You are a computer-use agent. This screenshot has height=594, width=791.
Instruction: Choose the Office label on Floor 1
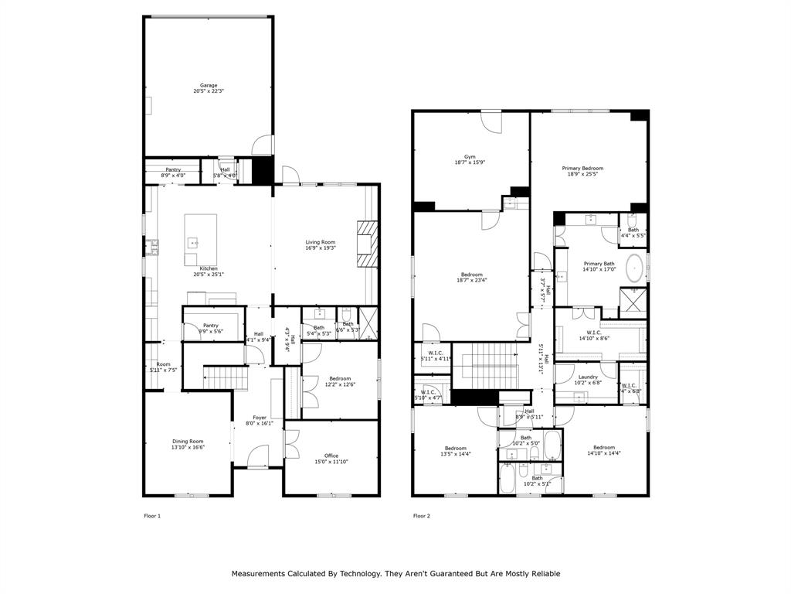[x=331, y=458]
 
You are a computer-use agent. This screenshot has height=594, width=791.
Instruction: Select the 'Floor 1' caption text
[x=152, y=516]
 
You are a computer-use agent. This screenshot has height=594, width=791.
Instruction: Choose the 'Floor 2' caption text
[x=421, y=516]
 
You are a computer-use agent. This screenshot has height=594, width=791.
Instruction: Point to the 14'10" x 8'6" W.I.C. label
[x=594, y=335]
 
